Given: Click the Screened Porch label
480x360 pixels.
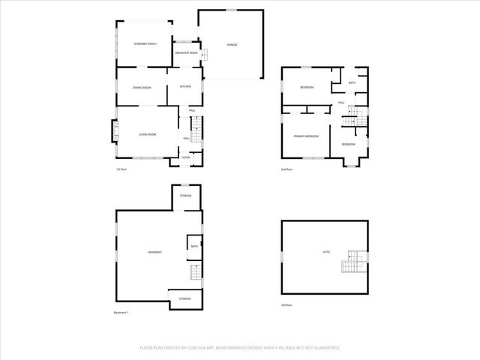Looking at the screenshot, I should click(145, 44).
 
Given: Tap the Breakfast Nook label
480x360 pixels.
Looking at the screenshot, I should click(187, 53).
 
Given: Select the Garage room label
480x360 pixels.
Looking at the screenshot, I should click(232, 45).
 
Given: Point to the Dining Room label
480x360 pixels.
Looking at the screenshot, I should click(142, 88).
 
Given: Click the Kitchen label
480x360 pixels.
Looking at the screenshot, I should click(185, 87).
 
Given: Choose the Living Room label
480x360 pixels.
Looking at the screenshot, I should click(147, 134).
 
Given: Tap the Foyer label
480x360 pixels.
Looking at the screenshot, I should click(185, 157).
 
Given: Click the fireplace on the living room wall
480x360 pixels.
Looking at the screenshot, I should click(115, 133).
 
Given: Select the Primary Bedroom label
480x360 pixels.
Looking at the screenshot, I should click(306, 136).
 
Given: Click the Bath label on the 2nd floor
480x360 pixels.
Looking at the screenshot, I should click(352, 82).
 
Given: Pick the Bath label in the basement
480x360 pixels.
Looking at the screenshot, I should click(193, 246).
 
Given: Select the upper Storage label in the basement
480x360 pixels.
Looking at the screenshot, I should click(185, 196).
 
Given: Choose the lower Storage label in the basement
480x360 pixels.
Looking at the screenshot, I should click(184, 298).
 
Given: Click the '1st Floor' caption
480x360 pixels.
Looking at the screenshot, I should click(121, 169).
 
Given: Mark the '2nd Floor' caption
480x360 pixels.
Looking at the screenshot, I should click(287, 169).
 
